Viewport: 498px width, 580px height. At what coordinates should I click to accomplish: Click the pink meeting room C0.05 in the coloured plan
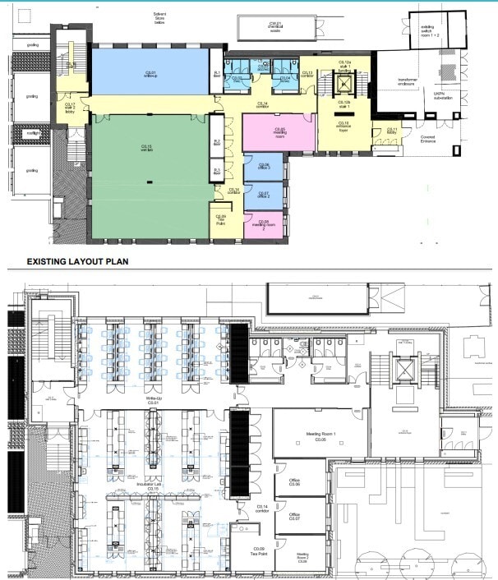pos(279,131)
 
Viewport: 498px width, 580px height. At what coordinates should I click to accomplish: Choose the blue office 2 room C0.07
pos(263,195)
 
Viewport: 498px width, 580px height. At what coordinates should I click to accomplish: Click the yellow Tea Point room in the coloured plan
pos(222,219)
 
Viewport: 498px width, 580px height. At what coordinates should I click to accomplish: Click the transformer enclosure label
pos(405,83)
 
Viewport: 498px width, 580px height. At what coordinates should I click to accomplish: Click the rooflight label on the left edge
pos(31,132)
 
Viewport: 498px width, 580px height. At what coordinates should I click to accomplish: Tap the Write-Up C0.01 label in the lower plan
pos(153,400)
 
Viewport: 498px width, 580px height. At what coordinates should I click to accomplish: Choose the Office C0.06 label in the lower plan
pos(294,483)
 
